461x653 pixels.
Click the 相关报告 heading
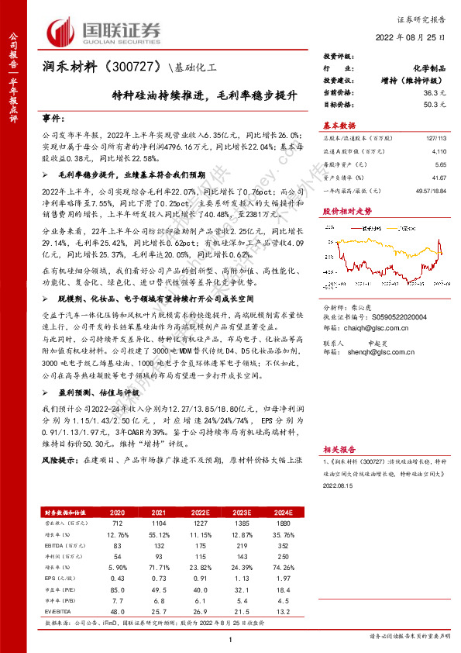click(339, 449)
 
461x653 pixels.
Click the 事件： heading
click(53, 119)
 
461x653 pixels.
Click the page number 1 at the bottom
click(231, 638)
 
